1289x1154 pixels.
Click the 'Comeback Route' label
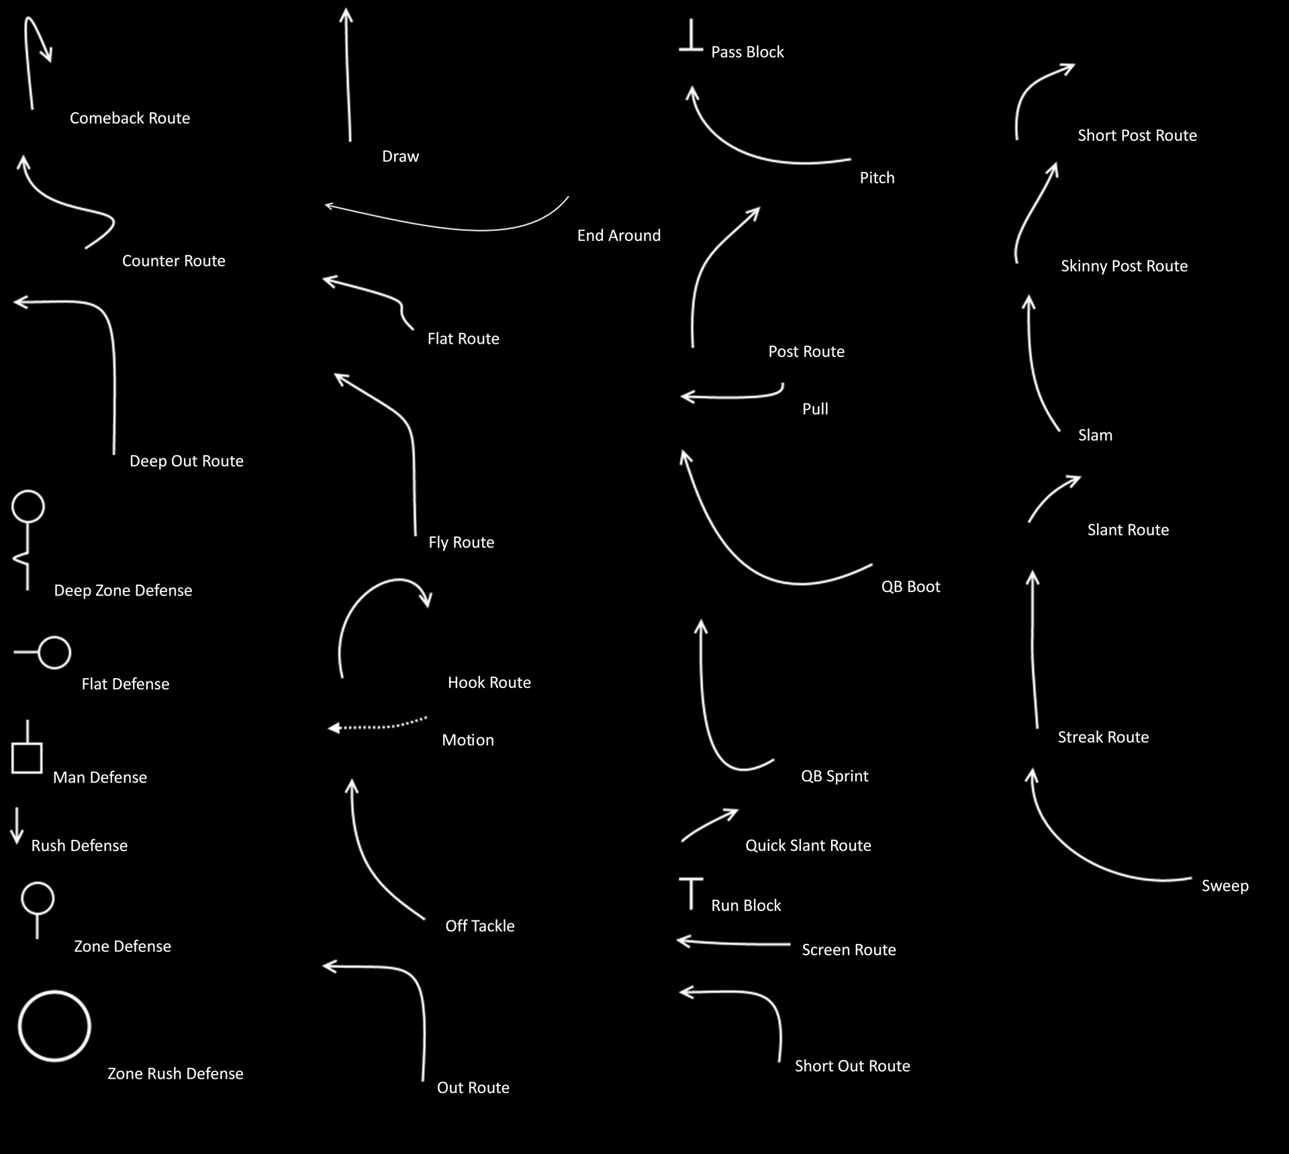[x=130, y=118]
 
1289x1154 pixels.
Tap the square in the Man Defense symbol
[x=27, y=758]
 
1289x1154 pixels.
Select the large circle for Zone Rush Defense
[x=54, y=1026]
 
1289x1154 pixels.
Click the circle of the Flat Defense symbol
[x=54, y=653]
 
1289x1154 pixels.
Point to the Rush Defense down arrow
[x=17, y=826]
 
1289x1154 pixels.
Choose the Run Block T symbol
[x=691, y=893]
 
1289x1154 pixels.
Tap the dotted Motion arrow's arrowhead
[x=333, y=728]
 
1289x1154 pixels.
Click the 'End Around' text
[x=618, y=236]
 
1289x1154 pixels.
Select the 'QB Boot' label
[x=910, y=587]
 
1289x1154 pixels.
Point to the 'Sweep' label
[x=1225, y=886]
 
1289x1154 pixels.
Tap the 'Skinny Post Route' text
[x=1124, y=267]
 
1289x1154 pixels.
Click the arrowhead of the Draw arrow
[x=346, y=15]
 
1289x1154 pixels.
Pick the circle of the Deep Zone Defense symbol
[x=28, y=507]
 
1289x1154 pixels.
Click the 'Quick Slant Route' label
[x=808, y=846]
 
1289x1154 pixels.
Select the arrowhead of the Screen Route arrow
[x=682, y=941]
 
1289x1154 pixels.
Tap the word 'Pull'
[x=815, y=410]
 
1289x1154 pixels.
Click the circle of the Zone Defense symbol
[x=38, y=898]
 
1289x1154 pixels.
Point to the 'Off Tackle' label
[x=479, y=926]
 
